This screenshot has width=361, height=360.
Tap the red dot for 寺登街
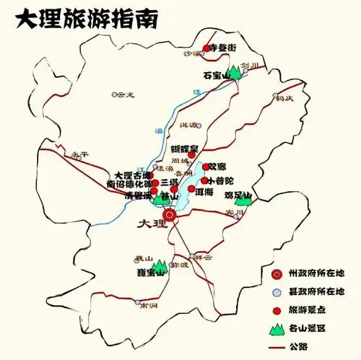[x=206, y=48]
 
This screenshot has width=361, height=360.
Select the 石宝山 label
[x=215, y=74]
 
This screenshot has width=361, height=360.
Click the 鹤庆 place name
[x=284, y=98]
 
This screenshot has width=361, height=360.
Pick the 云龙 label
[x=126, y=94]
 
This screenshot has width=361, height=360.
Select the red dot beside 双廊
[x=205, y=167]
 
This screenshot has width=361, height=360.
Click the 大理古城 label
[x=132, y=175]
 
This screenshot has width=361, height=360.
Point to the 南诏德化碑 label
[x=129, y=184]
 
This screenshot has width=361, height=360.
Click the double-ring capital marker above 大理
[x=170, y=214]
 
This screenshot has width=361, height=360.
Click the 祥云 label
[x=204, y=257]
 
